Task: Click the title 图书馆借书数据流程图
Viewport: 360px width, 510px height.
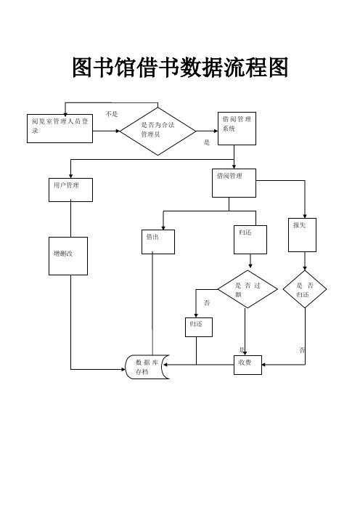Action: click(x=180, y=68)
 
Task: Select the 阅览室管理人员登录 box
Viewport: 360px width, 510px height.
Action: click(x=60, y=129)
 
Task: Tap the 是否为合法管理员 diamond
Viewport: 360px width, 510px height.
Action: click(x=158, y=131)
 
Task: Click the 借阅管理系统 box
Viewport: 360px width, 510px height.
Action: click(x=237, y=129)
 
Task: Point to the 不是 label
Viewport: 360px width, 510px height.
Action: click(x=112, y=114)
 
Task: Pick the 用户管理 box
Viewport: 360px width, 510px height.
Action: click(x=71, y=190)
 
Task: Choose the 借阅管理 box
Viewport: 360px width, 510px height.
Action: click(x=234, y=183)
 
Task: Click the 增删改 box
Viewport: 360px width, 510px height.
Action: click(x=68, y=256)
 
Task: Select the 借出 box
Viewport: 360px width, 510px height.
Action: click(x=158, y=242)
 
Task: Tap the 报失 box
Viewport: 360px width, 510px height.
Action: click(x=302, y=235)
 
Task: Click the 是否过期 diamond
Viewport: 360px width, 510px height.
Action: click(x=247, y=289)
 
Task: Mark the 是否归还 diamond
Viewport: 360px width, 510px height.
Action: click(x=305, y=289)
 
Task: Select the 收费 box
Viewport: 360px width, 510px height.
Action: click(x=248, y=365)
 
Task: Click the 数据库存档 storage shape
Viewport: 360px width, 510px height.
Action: click(x=147, y=367)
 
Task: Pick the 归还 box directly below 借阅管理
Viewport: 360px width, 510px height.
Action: click(x=250, y=240)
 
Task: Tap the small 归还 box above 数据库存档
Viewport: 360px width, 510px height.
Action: click(x=199, y=327)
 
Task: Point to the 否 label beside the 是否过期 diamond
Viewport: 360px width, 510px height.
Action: click(x=207, y=303)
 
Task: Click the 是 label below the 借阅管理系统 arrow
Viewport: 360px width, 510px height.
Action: click(x=207, y=142)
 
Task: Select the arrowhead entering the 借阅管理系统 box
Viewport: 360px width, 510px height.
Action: click(x=216, y=131)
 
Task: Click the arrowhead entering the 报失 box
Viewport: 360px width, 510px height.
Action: click(x=305, y=216)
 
